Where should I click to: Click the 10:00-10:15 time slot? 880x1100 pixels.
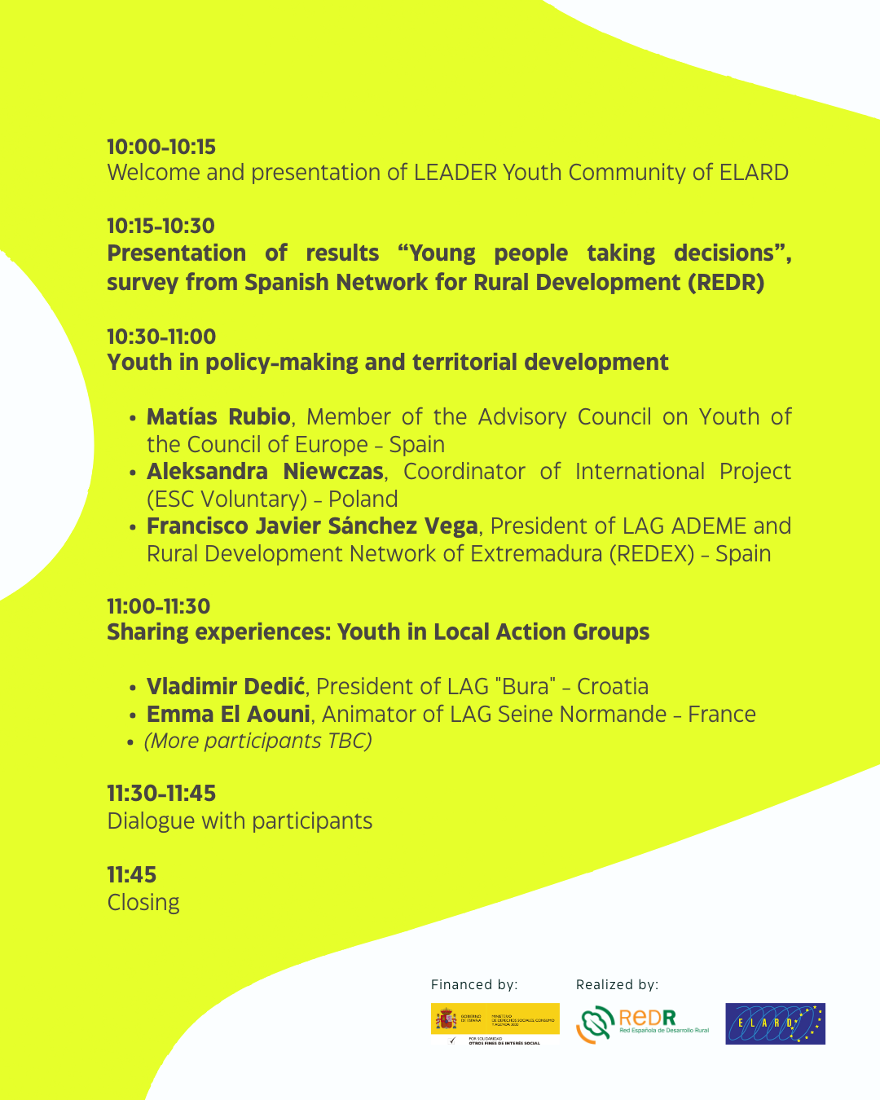pyautogui.click(x=161, y=147)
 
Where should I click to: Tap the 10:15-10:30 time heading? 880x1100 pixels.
pyautogui.click(x=161, y=226)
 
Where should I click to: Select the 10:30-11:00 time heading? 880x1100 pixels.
pyautogui.click(x=161, y=337)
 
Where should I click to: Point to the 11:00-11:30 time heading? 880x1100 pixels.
pyautogui.click(x=159, y=606)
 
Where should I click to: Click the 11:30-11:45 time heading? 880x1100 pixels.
pyautogui.click(x=161, y=793)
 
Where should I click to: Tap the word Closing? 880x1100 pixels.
pyautogui.click(x=143, y=903)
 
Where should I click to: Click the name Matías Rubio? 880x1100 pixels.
pyautogui.click(x=218, y=417)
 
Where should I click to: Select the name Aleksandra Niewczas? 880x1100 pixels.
pyautogui.click(x=265, y=472)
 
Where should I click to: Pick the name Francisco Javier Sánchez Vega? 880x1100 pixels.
pyautogui.click(x=312, y=526)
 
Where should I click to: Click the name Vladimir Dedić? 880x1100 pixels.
pyautogui.click(x=226, y=687)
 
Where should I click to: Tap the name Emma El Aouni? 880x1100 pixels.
pyautogui.click(x=228, y=715)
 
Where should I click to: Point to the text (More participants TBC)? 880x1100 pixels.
pyautogui.click(x=257, y=741)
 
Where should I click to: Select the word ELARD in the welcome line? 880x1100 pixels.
pyautogui.click(x=754, y=173)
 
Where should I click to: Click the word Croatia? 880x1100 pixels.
pyautogui.click(x=613, y=687)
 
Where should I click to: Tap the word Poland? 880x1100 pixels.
pyautogui.click(x=363, y=499)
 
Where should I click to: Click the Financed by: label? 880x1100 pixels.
pyautogui.click(x=474, y=984)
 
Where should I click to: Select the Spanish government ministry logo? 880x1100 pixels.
pyautogui.click(x=495, y=1023)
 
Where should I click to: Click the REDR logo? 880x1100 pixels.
pyautogui.click(x=642, y=1023)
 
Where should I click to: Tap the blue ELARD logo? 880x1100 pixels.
pyautogui.click(x=775, y=1023)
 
